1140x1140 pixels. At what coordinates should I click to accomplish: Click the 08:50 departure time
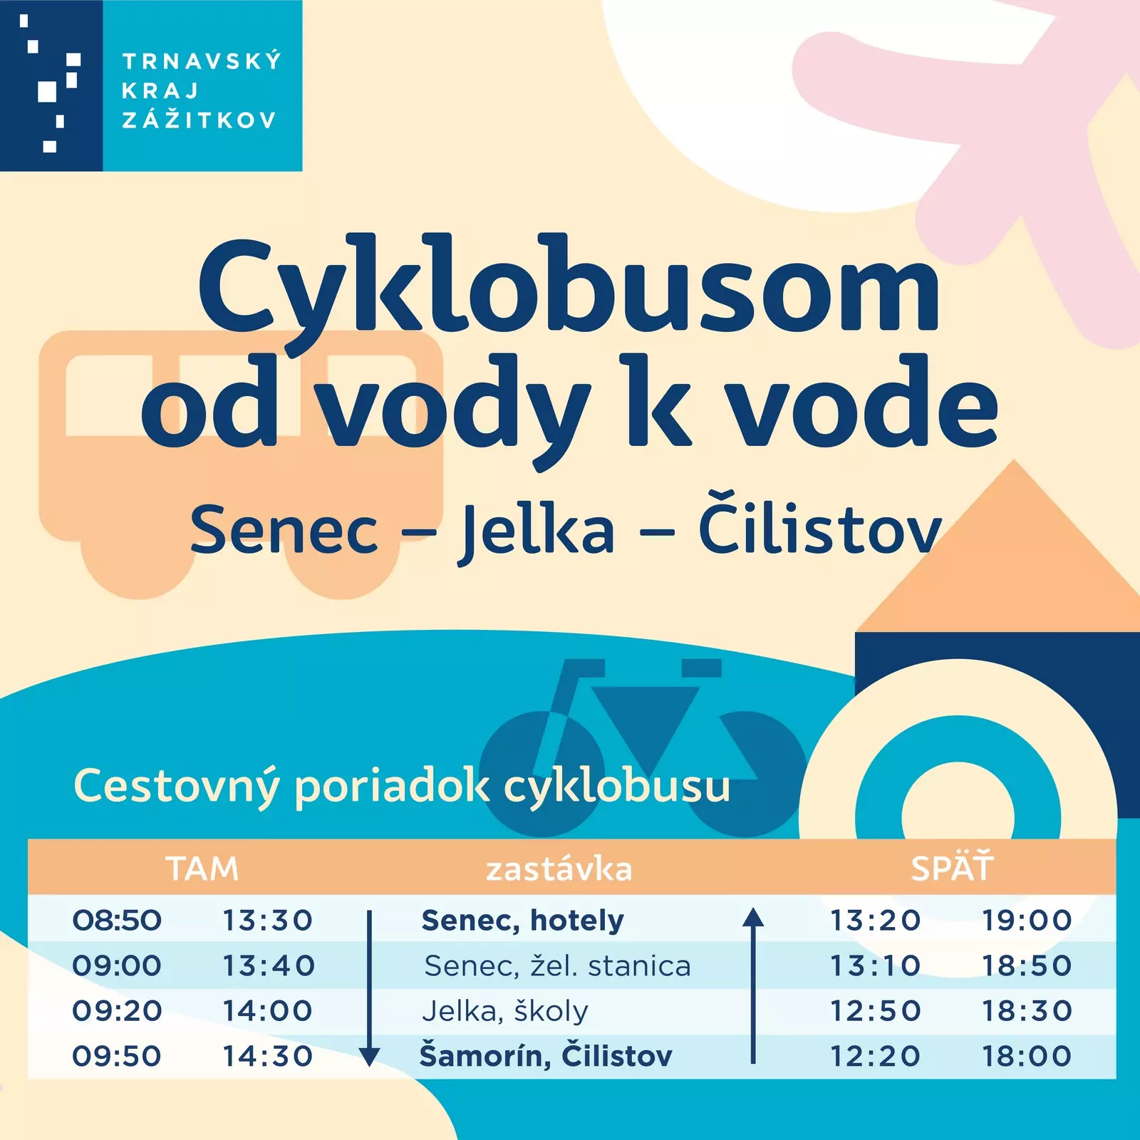coord(117,921)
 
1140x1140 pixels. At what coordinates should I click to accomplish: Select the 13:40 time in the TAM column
coord(269,966)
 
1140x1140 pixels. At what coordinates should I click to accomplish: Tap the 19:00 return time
coord(1027,921)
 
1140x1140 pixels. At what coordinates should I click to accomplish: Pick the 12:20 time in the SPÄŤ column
coord(876,1056)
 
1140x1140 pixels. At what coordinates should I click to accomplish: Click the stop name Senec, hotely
coord(523,921)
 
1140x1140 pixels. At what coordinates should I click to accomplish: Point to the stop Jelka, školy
coord(505,1011)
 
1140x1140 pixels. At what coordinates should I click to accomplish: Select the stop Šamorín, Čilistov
coord(546,1056)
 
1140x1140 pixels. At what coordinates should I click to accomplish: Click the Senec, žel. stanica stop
coord(557,966)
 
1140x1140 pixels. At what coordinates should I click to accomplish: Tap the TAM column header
coord(202,869)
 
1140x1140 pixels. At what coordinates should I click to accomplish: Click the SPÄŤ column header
coord(952,867)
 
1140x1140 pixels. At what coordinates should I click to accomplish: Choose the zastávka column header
coord(559,869)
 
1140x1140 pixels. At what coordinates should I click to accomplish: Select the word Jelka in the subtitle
coord(536,531)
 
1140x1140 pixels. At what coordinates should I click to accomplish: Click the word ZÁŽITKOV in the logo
coord(199,118)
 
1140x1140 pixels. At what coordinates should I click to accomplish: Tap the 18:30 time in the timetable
coord(1027,1011)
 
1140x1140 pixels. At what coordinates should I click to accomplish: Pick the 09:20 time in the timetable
coord(117,1011)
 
